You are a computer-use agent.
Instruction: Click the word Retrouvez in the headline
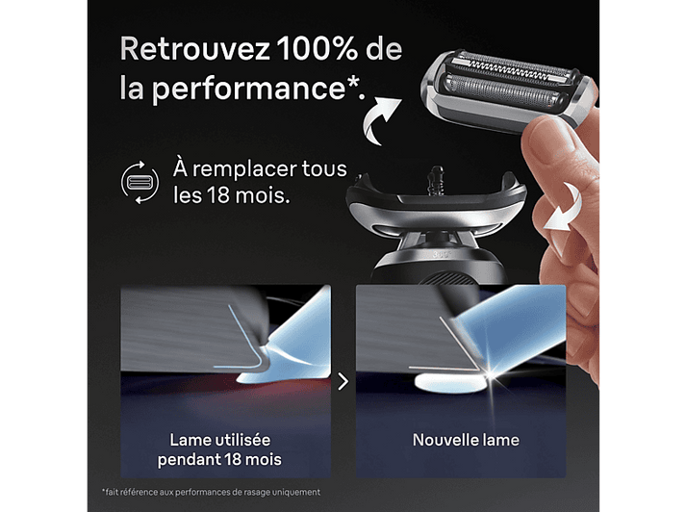pos(195,48)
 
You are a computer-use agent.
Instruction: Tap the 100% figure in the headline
pos(318,48)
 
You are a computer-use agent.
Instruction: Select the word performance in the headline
pos(248,89)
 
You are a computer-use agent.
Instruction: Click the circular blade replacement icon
pos(140,183)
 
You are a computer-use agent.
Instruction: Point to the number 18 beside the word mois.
pos(218,195)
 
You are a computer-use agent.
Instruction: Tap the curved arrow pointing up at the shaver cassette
pos(381,120)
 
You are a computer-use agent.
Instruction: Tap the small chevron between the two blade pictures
pos(343,381)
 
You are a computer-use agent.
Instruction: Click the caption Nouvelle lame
pos(466,440)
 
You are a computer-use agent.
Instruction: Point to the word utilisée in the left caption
pos(242,440)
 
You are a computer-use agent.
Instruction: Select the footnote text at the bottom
pos(211,492)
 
